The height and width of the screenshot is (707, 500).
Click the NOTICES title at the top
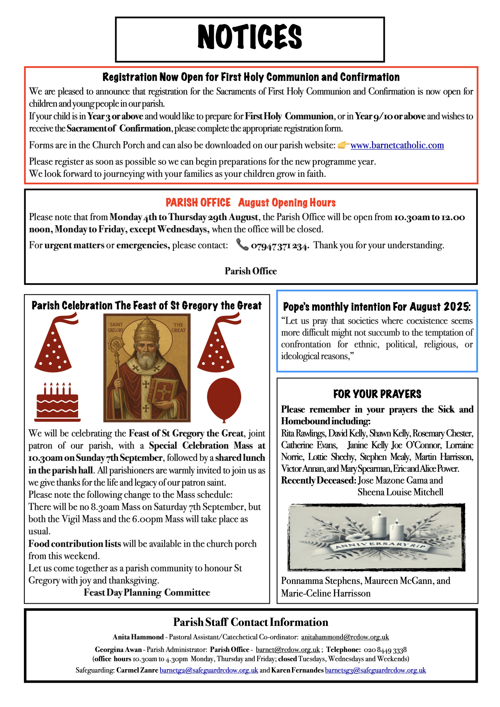tap(250, 37)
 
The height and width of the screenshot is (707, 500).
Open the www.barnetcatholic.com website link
tap(397, 145)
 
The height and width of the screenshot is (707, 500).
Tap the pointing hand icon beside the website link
tap(343, 145)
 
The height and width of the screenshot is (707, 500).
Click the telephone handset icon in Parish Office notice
tap(242, 244)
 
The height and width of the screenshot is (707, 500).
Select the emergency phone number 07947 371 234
tap(280, 246)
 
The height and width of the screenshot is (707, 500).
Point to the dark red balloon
tap(224, 399)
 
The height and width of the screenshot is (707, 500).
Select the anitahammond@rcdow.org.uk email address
tap(345, 637)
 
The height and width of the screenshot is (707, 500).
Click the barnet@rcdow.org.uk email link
tap(288, 649)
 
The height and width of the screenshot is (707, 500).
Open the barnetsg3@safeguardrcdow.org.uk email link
tap(375, 670)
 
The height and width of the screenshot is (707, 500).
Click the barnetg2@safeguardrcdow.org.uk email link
tap(209, 670)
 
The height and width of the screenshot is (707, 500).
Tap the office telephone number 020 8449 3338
tap(385, 650)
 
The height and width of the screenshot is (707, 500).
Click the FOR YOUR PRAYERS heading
tap(377, 394)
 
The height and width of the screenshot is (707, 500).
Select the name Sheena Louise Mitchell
tap(400, 492)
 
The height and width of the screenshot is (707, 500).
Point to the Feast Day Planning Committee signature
tap(147, 593)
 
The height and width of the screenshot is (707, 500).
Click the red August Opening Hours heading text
tap(287, 203)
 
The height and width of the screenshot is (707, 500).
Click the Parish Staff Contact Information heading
tap(250, 622)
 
